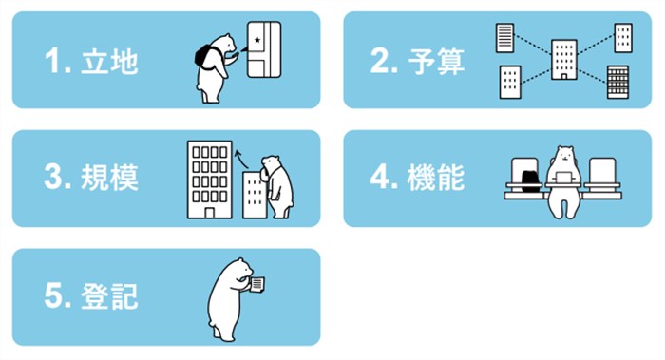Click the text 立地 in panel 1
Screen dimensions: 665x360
(x=109, y=62)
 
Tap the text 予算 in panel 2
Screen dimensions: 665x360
(x=436, y=62)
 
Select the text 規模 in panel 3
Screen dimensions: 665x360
(x=109, y=178)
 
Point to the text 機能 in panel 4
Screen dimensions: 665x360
(x=436, y=178)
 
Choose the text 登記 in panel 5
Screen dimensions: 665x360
(x=109, y=295)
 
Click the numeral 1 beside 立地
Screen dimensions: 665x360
(x=53, y=61)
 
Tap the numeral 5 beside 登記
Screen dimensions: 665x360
(x=52, y=295)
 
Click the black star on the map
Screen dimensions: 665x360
(x=257, y=40)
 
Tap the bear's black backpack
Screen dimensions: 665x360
(x=204, y=57)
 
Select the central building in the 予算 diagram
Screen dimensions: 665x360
(x=564, y=60)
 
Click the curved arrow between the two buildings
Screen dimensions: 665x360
(x=241, y=159)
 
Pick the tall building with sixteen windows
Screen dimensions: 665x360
(x=210, y=180)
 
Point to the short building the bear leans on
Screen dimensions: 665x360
(x=255, y=195)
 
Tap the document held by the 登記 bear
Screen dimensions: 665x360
(x=257, y=284)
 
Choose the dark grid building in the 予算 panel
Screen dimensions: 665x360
(x=617, y=82)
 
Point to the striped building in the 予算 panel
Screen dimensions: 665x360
(x=504, y=38)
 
